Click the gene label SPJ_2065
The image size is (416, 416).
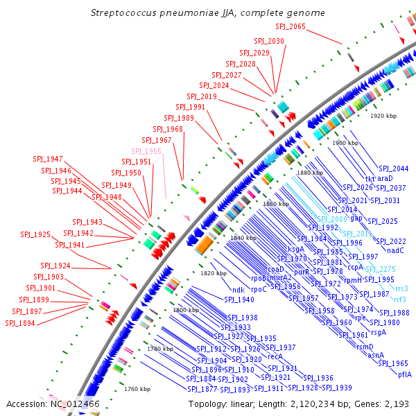[x=290, y=26]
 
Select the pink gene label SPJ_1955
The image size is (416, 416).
[x=146, y=151]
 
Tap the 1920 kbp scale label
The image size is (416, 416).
[x=383, y=116]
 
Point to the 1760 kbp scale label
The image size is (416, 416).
[x=137, y=389]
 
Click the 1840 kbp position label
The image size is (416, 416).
[x=243, y=238]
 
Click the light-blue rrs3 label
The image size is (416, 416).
[x=401, y=288]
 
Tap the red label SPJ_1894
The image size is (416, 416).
[x=19, y=323]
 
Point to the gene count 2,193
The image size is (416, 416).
[x=399, y=404]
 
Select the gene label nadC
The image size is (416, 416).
[x=395, y=250]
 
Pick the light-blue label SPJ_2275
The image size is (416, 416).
[x=381, y=269]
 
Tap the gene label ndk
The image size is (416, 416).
[x=238, y=290]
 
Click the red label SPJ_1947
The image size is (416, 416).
[x=48, y=159]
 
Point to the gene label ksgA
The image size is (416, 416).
[x=296, y=248]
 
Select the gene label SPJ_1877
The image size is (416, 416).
[x=201, y=389]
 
